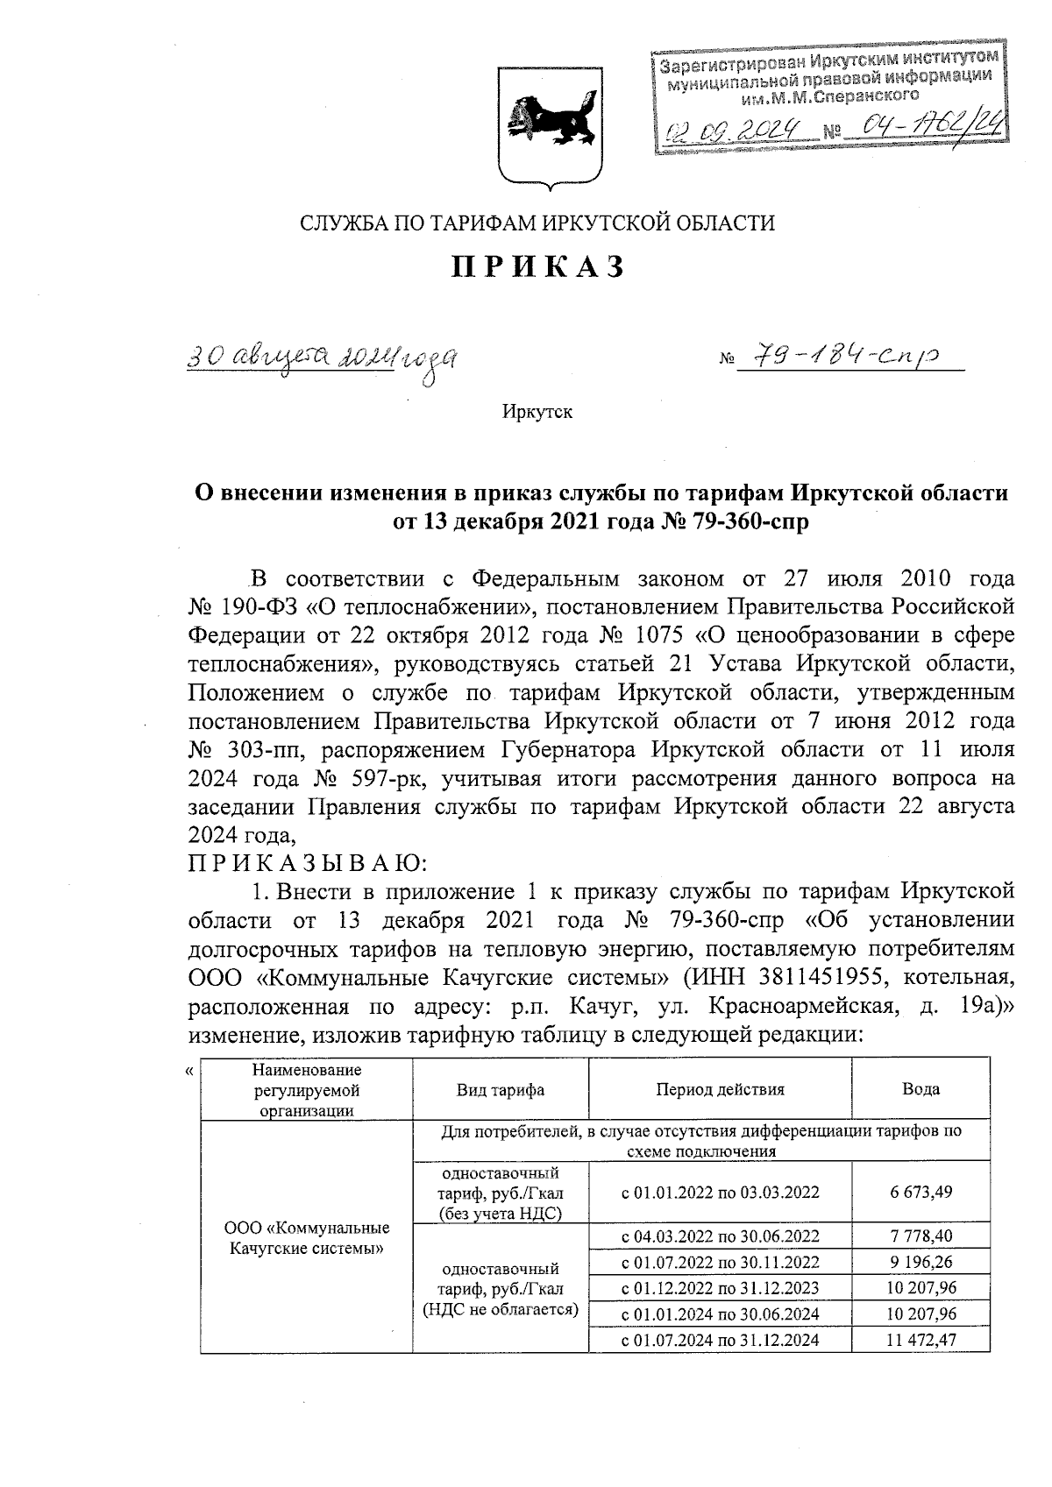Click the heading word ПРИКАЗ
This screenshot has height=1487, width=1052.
537,266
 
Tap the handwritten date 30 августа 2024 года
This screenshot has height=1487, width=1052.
324,357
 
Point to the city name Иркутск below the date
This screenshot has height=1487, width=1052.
537,411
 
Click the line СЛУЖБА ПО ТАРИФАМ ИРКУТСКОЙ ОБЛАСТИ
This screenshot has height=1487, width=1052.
537,223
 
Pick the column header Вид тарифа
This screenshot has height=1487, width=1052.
500,1089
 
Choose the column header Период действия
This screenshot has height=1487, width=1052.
720,1089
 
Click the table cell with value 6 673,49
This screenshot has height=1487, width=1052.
920,1192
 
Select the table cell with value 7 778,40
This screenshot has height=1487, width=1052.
920,1236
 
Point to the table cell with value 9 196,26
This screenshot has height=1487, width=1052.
920,1263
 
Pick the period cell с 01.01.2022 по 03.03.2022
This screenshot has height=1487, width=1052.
720,1192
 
